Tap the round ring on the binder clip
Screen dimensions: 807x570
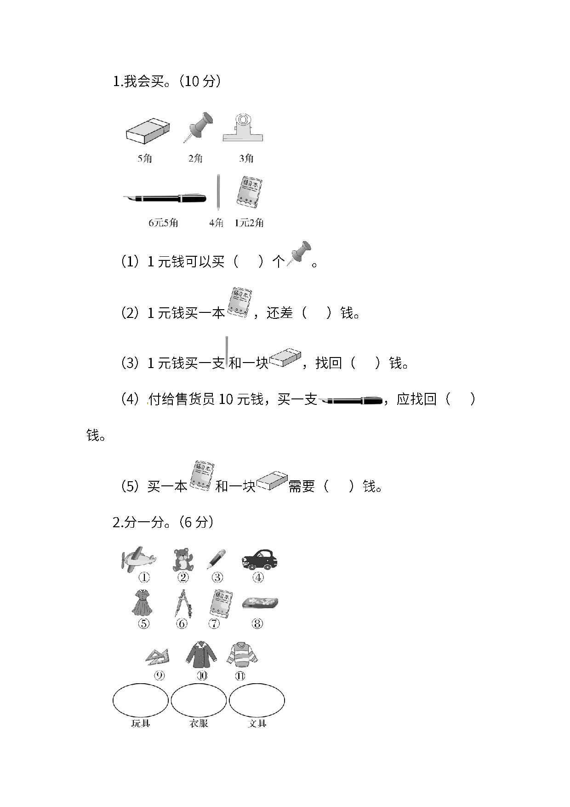pyautogui.click(x=242, y=120)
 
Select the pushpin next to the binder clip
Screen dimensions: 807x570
pyautogui.click(x=199, y=126)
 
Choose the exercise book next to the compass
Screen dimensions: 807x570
pyautogui.click(x=221, y=603)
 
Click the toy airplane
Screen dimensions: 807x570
pyautogui.click(x=138, y=559)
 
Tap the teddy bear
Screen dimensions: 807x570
pyautogui.click(x=182, y=560)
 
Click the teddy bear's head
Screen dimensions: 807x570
pyautogui.click(x=182, y=553)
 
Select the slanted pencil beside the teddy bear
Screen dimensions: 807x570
pyautogui.click(x=216, y=559)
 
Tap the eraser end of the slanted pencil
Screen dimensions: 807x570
pyautogui.click(x=223, y=551)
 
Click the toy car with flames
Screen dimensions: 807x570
pyautogui.click(x=261, y=560)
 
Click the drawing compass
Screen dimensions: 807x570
pyautogui.click(x=182, y=603)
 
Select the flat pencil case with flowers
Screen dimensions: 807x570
pyautogui.click(x=260, y=603)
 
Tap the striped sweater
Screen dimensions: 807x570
pyautogui.click(x=242, y=654)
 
